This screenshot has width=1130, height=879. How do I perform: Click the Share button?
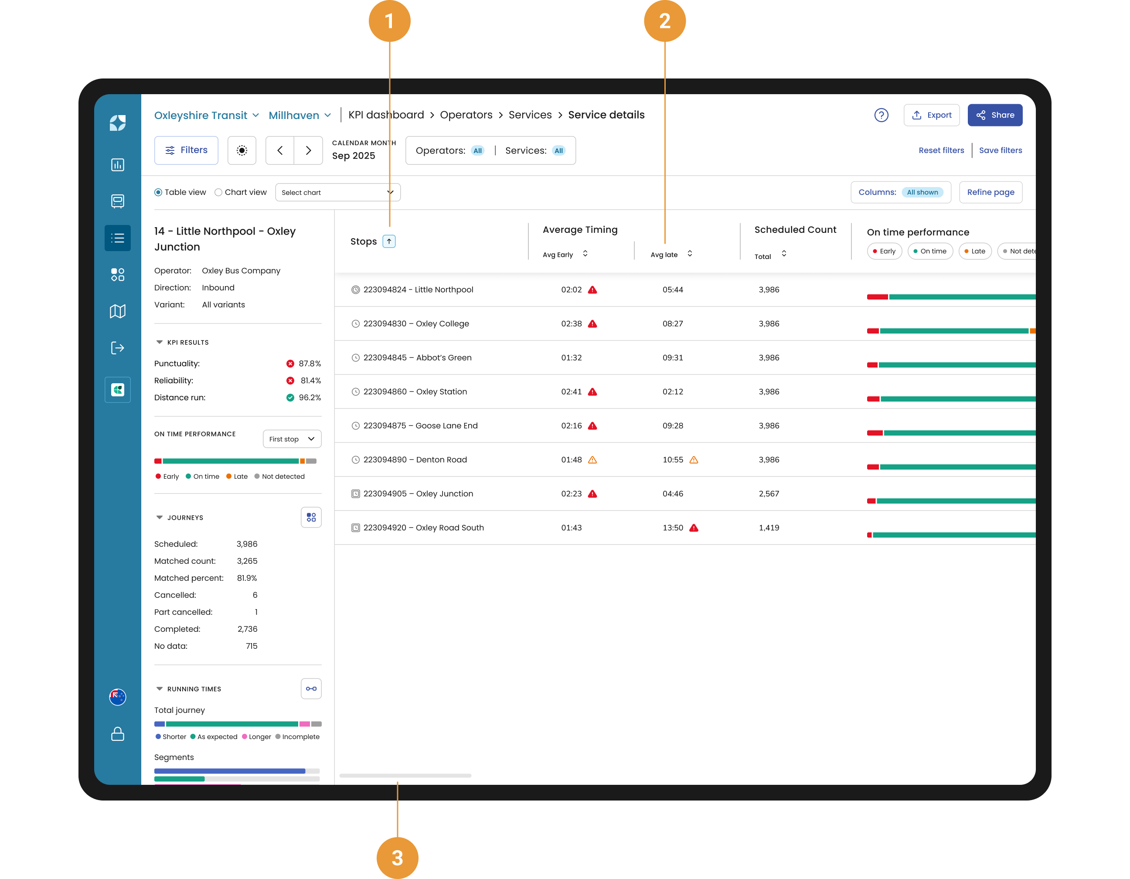pos(994,115)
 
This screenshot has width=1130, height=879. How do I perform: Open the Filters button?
pos(186,150)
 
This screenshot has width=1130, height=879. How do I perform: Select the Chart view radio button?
pos(218,192)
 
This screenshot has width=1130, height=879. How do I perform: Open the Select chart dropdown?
pos(338,192)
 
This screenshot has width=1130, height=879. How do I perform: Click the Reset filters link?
pos(941,150)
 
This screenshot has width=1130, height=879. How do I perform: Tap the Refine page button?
pos(990,192)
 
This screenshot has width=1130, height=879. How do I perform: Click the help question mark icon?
pos(881,115)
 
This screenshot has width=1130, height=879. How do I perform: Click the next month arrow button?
pos(308,150)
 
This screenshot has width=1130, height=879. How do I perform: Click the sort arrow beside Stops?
pos(389,241)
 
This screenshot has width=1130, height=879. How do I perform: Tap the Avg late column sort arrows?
pos(690,253)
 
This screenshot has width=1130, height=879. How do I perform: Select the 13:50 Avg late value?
pos(673,528)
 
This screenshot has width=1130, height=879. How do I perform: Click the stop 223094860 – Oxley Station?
pos(415,392)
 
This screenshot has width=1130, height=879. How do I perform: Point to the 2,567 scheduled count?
pos(769,494)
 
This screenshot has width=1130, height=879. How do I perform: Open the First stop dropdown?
pos(292,439)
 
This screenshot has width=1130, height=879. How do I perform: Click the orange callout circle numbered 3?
pos(397,858)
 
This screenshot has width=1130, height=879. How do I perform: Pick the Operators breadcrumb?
pos(466,115)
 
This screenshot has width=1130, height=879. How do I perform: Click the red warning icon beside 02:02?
pos(592,290)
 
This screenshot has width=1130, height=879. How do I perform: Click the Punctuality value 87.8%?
pos(310,364)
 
